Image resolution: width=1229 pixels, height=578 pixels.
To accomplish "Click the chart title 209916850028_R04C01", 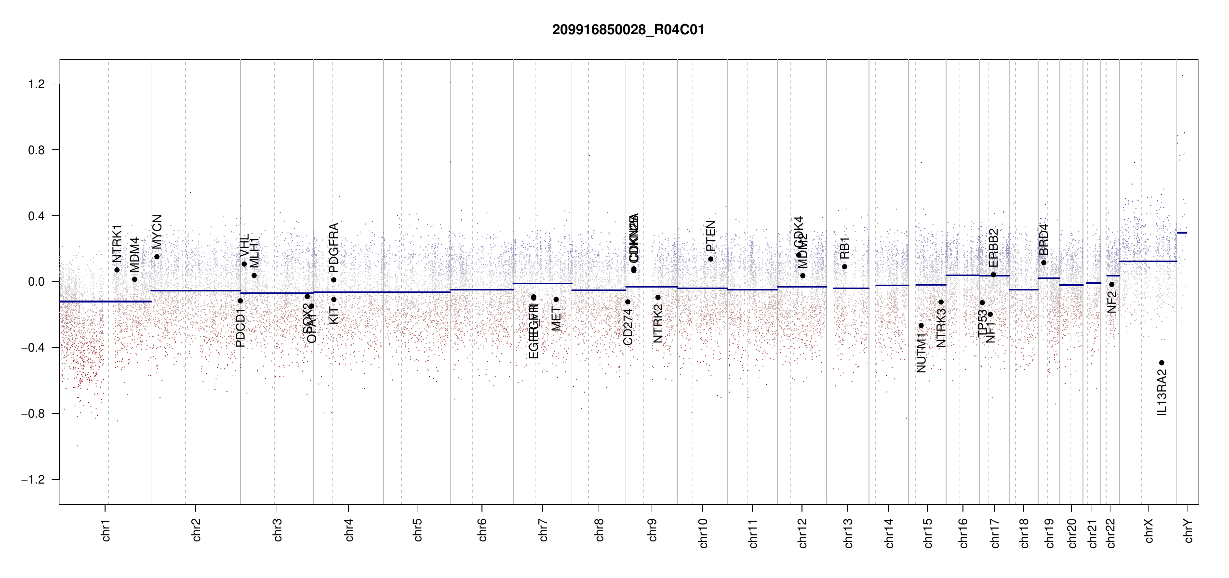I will [x=628, y=30].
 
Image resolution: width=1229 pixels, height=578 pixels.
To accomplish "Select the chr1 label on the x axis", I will [x=106, y=530].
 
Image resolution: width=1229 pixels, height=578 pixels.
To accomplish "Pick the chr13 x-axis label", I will [x=848, y=533].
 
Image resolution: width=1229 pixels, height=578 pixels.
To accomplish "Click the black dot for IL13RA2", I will [x=1162, y=363].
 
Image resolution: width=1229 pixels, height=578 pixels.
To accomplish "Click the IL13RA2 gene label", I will [x=1162, y=392].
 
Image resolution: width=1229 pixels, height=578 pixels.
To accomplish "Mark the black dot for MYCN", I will [x=157, y=257].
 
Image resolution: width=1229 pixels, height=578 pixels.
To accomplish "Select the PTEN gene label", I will [x=710, y=236].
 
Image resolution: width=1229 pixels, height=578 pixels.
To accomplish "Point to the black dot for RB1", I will [x=844, y=267].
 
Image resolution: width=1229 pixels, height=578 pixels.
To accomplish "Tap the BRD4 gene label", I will [x=1043, y=240].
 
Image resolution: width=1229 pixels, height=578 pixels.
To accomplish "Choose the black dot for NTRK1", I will [x=117, y=270].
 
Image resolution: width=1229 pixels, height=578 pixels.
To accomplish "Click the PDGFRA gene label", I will [x=334, y=248].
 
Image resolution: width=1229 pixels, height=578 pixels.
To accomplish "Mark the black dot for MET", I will [x=556, y=300].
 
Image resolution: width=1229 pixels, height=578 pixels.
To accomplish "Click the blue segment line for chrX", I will [x=1148, y=262].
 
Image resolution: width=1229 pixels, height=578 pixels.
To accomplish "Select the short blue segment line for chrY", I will [x=1182, y=233].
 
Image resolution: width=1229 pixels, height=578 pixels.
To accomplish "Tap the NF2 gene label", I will [x=1112, y=302].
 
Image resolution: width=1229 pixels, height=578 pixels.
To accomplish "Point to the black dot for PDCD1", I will [x=240, y=301].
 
